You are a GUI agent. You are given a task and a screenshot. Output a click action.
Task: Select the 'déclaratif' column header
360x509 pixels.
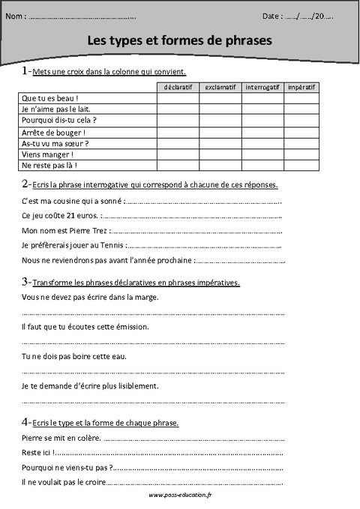coord(178,87)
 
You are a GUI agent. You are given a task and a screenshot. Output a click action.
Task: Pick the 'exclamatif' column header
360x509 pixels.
coord(220,87)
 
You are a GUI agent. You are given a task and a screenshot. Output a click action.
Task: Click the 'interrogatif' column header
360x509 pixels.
coord(262,87)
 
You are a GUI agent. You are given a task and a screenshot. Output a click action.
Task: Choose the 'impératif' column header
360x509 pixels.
coord(301,87)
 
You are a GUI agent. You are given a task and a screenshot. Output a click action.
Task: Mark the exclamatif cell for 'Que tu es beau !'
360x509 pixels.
coord(220,98)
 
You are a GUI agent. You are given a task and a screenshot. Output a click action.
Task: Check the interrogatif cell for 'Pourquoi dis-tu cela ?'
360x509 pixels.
coord(262,120)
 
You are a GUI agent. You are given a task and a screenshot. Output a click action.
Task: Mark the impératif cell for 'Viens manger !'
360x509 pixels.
coord(301,154)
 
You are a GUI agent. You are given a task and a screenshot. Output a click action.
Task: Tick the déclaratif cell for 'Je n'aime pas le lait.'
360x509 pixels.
coord(178,109)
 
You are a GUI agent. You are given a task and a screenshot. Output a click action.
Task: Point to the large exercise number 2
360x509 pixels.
coord(25,184)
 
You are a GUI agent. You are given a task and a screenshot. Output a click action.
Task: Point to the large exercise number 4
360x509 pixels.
coord(25,421)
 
